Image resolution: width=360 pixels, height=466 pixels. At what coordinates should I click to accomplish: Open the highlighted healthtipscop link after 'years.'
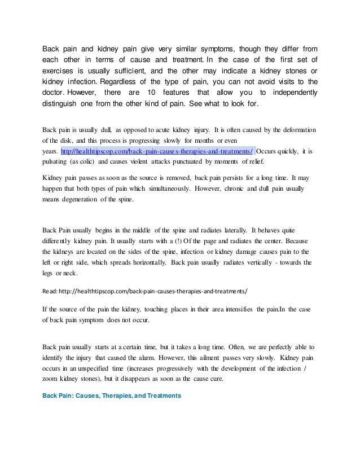tap(156, 151)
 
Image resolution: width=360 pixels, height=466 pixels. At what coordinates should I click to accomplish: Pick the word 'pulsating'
tap(57, 162)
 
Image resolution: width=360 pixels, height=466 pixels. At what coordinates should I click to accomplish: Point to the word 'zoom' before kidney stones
tap(52, 380)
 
